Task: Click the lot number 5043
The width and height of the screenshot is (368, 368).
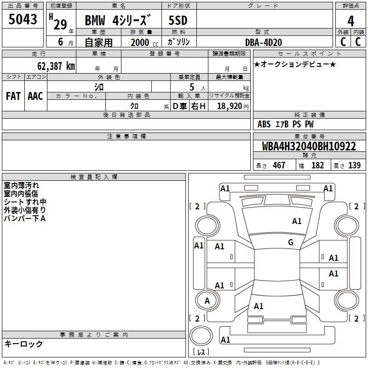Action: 23,19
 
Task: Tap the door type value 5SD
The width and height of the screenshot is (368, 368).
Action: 178,20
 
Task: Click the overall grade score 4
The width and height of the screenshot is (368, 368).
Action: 351,21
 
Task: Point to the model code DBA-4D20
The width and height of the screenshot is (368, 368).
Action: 264,42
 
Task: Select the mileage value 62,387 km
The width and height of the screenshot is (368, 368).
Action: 56,66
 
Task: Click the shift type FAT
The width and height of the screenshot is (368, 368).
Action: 13,96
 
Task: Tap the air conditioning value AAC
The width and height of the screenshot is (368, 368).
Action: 35,96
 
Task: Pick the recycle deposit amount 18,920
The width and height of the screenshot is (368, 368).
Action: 230,106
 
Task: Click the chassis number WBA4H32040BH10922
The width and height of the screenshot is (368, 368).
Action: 309,146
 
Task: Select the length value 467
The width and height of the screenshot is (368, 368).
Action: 279,165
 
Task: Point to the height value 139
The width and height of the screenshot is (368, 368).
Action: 354,165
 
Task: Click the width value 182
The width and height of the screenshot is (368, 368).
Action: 317,165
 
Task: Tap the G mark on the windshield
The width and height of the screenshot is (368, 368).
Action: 291,242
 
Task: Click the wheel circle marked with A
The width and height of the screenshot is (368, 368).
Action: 207,300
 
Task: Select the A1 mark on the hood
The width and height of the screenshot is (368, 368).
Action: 296,221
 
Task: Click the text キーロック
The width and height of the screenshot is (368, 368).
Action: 24,344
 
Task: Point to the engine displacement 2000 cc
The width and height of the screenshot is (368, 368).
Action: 144,42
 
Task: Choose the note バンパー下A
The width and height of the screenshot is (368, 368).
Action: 25,218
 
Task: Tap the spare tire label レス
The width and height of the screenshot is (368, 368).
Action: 201,352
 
